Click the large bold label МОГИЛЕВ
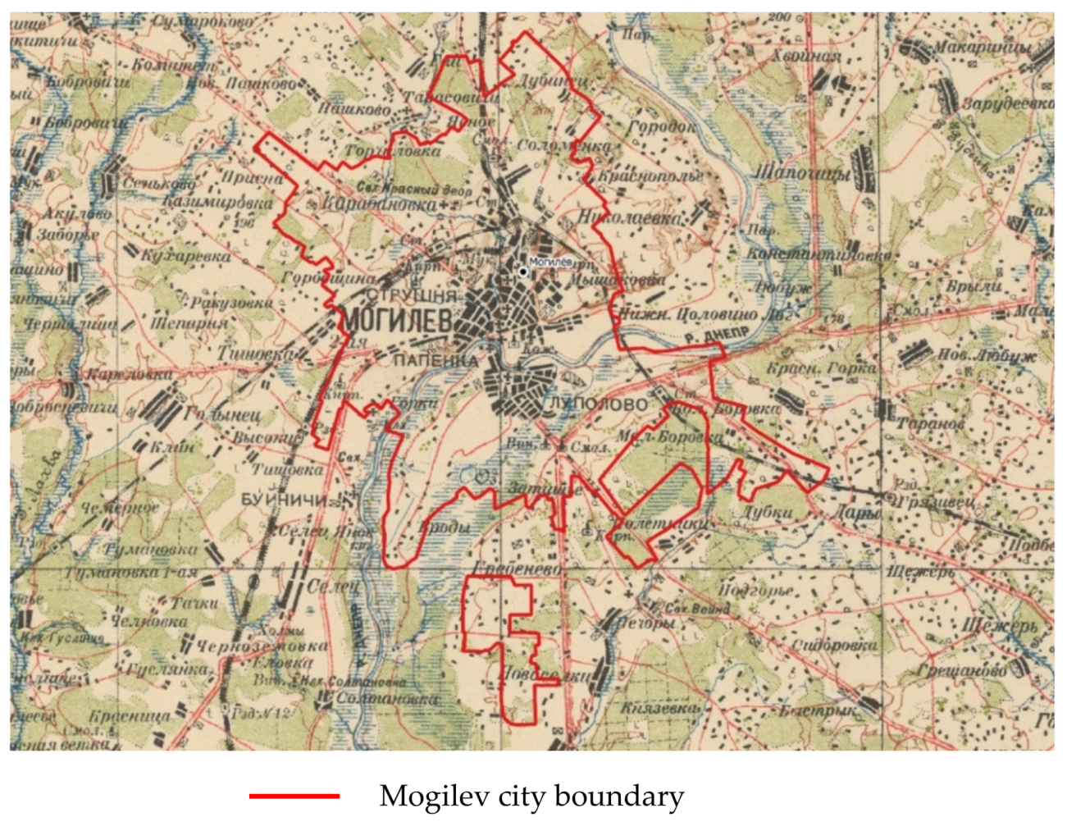[398, 322]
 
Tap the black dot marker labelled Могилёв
[523, 272]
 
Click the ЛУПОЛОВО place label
[599, 404]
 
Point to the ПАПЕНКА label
[435, 360]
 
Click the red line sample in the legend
[294, 796]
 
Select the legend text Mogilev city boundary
[531, 796]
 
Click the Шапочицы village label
[801, 174]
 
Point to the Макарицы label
[981, 48]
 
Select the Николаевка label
[629, 218]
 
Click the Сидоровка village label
[834, 645]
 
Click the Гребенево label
[518, 569]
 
